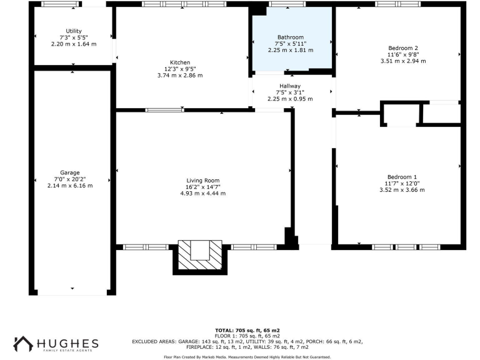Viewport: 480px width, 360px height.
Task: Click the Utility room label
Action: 74,31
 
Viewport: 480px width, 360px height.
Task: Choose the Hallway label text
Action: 290,86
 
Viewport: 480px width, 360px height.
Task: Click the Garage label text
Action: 70,172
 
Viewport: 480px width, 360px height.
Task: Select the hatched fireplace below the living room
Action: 199,256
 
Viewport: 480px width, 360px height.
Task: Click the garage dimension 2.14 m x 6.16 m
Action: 70,186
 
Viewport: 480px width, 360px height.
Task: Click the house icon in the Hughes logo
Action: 23,343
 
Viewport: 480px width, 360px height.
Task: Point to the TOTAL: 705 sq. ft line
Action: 247,329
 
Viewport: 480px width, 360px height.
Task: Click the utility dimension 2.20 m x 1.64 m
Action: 74,44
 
